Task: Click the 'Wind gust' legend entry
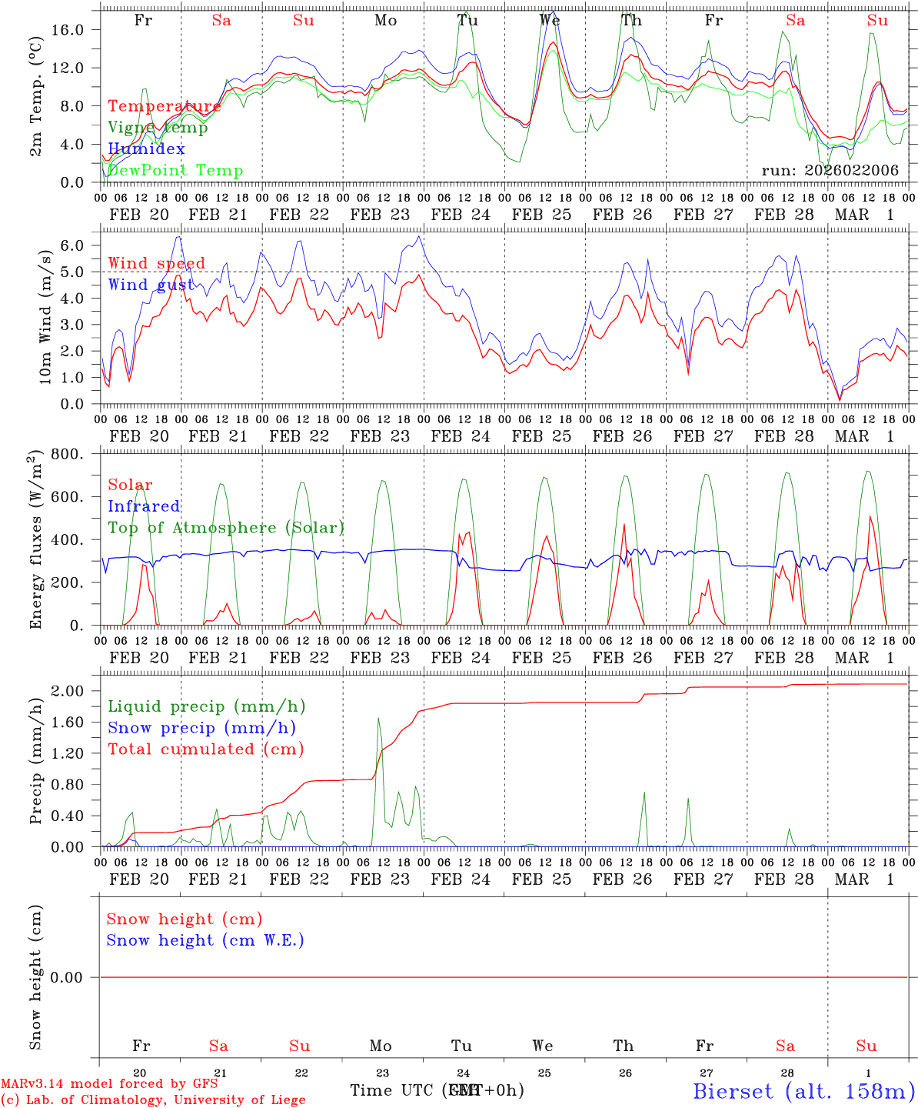151,285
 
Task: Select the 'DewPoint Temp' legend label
175,171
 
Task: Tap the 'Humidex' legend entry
146,149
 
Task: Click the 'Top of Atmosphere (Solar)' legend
226,528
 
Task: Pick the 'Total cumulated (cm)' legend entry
205,749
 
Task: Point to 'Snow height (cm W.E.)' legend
205,940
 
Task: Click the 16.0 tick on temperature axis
77,29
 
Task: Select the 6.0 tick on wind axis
81,245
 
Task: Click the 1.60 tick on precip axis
77,722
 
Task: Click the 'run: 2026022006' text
830,171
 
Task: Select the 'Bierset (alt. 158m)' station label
803,1090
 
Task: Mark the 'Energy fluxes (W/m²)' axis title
35,541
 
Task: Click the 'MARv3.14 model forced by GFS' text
109,1084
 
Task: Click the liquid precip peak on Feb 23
378,718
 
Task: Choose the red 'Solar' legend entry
130,485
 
